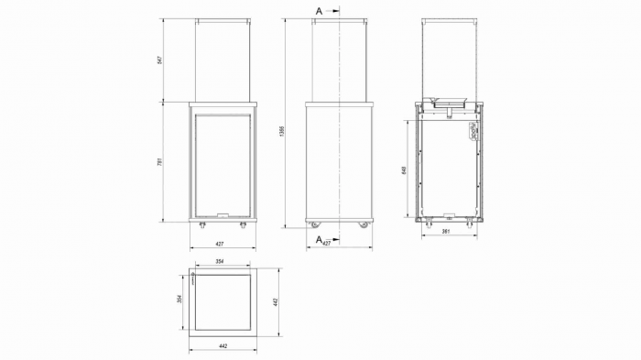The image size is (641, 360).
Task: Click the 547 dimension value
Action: [x=159, y=60]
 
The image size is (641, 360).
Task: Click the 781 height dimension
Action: [x=159, y=162]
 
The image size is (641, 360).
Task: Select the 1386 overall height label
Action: [x=280, y=133]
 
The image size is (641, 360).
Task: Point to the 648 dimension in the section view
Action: [x=405, y=170]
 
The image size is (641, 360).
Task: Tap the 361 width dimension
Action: [x=447, y=233]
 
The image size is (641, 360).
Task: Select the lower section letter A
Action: [x=318, y=239]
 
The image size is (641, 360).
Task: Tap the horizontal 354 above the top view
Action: [x=221, y=262]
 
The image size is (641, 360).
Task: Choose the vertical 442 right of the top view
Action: [x=276, y=302]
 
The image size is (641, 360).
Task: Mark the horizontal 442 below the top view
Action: [x=223, y=346]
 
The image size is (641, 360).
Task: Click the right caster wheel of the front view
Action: [x=243, y=224]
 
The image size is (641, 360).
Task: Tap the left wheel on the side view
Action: [x=315, y=224]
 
